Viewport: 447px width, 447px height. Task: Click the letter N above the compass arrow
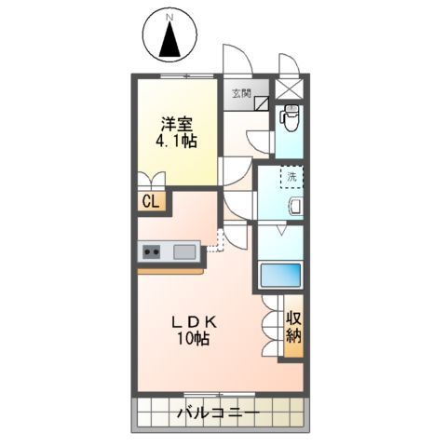169,17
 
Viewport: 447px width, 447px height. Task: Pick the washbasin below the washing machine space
296,207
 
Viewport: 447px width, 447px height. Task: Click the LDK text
194,322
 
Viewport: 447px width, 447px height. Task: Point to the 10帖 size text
194,340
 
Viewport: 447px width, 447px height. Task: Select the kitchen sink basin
183,251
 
